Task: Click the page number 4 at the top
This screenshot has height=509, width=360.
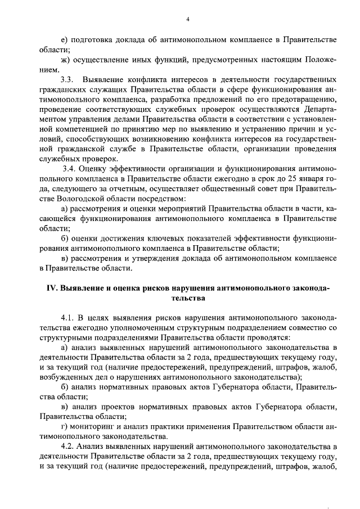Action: [188, 20]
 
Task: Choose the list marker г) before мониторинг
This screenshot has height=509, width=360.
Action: [64, 426]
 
